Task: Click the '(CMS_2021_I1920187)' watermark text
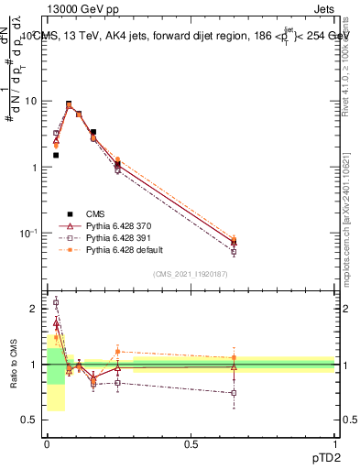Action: [x=191, y=274]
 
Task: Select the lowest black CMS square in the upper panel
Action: [x=56, y=155]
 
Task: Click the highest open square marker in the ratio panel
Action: [x=56, y=301]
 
